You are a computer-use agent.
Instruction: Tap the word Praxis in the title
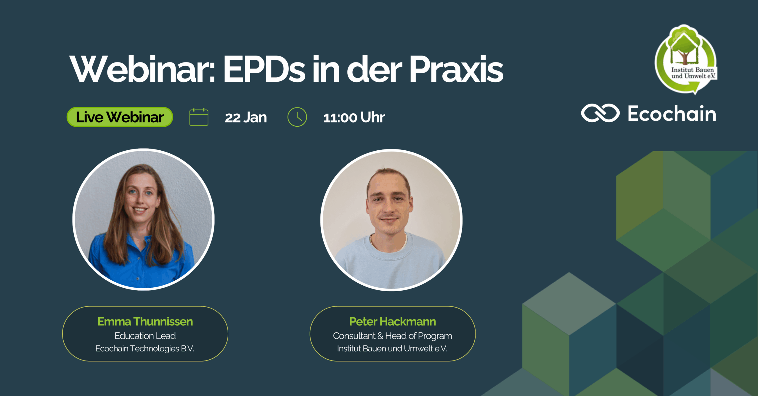[x=456, y=69]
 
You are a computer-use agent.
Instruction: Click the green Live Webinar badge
[x=120, y=117]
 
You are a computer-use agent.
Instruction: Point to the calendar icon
[x=199, y=117]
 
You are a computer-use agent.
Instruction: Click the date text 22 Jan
[x=246, y=117]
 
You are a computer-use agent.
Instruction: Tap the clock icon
[x=297, y=117]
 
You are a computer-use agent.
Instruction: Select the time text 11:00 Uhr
[x=354, y=117]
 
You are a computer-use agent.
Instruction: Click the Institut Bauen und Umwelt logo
[x=686, y=59]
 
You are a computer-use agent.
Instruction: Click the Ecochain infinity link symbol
[x=600, y=113]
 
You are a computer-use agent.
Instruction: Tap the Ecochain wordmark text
[x=672, y=113]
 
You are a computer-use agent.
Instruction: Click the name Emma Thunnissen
[x=145, y=321]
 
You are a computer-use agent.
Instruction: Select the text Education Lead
[x=145, y=336]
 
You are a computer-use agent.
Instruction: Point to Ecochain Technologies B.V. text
[x=145, y=349]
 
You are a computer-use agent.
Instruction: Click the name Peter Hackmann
[x=393, y=321]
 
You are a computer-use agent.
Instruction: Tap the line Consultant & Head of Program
[x=393, y=336]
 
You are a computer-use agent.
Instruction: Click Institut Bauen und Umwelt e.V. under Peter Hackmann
[x=392, y=349]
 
